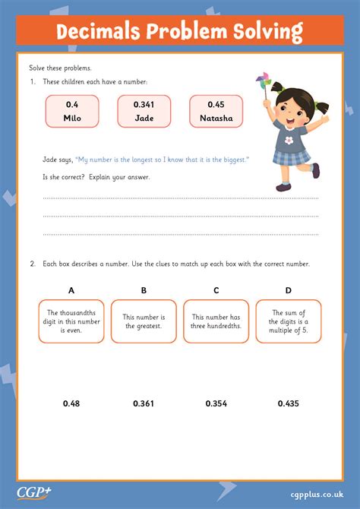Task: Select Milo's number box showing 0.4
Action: click(72, 111)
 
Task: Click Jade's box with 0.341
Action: click(144, 111)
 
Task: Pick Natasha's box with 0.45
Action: click(216, 111)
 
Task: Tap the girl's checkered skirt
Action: click(292, 158)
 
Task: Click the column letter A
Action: click(72, 290)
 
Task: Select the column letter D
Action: click(288, 290)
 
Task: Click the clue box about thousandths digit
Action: click(72, 321)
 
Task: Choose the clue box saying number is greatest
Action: click(144, 321)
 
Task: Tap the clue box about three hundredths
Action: click(216, 321)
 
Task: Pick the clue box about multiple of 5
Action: click(288, 321)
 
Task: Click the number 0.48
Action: click(72, 403)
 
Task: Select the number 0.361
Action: click(144, 403)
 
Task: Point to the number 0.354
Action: click(216, 403)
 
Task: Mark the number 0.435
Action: click(288, 403)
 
